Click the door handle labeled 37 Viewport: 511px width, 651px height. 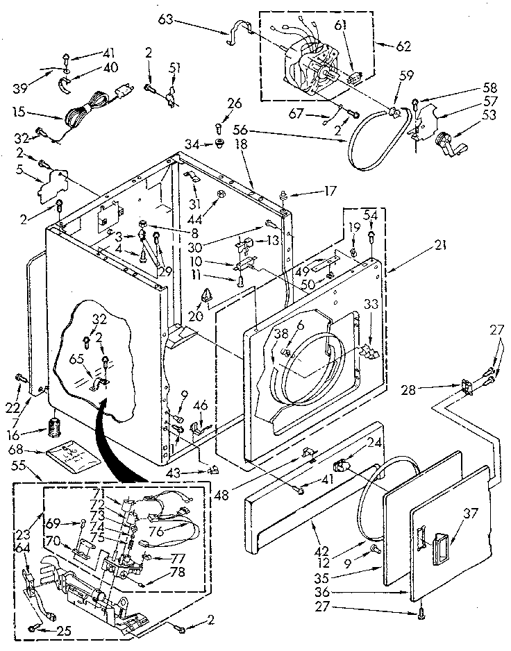coord(439,539)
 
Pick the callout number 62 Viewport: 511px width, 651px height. coord(403,46)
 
